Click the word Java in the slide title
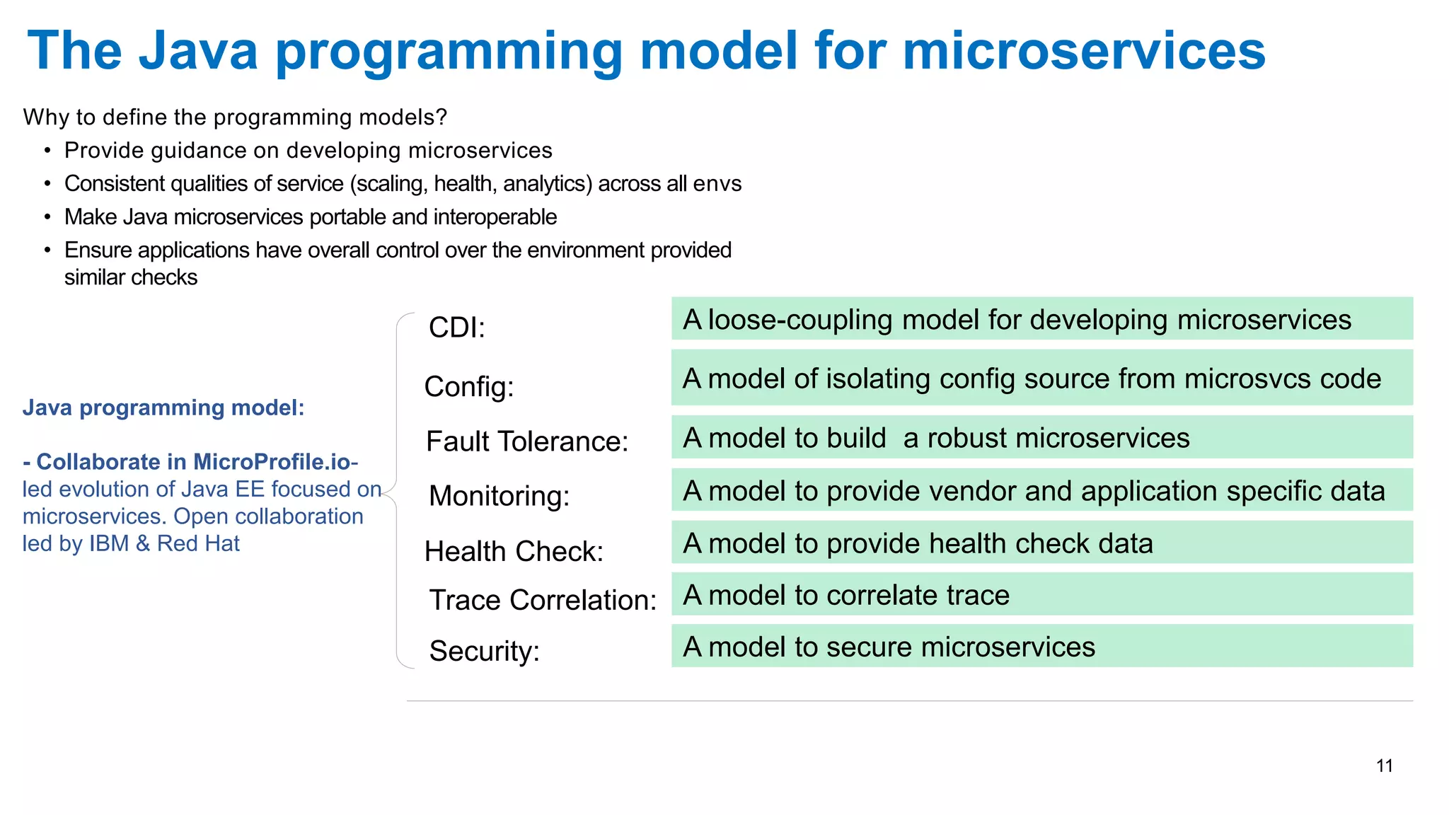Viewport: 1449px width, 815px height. point(198,51)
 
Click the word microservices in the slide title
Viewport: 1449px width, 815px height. point(1084,51)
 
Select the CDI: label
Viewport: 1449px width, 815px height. point(457,328)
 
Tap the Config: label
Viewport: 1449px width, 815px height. point(469,387)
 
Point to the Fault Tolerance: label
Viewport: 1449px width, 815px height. point(527,441)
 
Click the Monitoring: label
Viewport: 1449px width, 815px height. point(500,496)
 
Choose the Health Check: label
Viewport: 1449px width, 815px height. point(514,551)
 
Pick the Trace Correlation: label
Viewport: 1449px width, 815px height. point(543,600)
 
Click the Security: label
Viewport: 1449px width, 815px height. point(485,651)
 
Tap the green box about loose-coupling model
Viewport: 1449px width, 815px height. point(1041,319)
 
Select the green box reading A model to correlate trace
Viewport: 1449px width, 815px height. point(1041,594)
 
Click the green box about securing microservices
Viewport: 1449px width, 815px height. point(1041,646)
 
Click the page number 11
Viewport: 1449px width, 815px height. point(1385,765)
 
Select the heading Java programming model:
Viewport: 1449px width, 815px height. point(163,407)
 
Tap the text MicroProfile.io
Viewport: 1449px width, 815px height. point(272,462)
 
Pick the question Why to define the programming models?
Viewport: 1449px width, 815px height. point(235,117)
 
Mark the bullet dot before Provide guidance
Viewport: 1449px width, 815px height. point(47,151)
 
